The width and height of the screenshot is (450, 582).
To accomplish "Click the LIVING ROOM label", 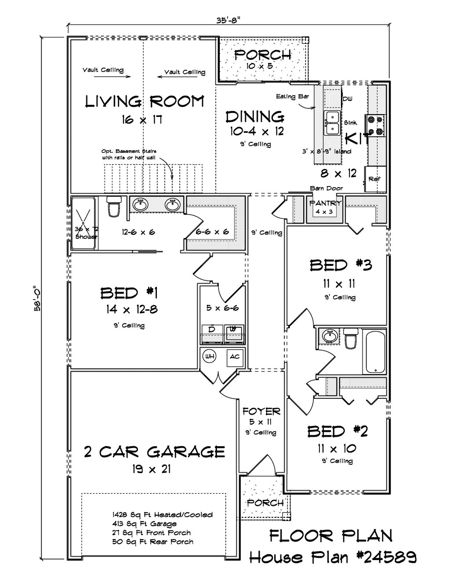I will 145,101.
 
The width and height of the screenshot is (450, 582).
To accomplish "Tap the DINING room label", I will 255,117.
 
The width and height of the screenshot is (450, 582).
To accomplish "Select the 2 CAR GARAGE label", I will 154,452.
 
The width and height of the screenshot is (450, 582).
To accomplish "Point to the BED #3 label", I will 341,265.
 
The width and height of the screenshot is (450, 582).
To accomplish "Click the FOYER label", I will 261,412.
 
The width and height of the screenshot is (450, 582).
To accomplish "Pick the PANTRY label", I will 325,203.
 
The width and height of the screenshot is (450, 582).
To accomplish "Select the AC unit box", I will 234,357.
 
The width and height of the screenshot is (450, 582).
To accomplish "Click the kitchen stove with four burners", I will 376,125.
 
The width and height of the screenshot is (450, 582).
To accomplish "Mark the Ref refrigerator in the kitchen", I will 374,179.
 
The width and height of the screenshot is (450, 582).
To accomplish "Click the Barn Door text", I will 326,188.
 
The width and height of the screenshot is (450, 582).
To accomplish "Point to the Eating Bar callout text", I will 292,97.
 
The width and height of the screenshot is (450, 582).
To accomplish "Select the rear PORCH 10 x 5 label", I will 262,55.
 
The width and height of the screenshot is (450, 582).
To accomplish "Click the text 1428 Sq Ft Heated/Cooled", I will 162,515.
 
